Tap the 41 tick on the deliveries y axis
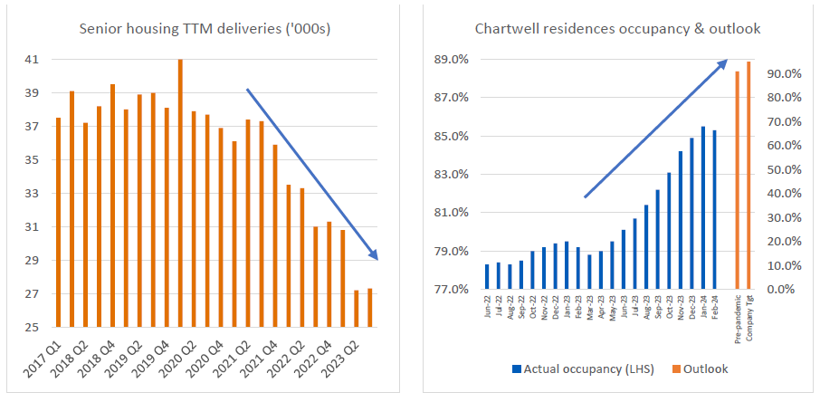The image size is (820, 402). point(32,60)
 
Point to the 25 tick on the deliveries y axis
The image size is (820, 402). point(32,328)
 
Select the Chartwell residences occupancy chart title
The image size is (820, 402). point(617,29)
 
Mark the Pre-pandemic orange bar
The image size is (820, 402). point(737,179)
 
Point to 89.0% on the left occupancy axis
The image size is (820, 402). point(450,60)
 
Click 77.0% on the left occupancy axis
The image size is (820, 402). point(450,290)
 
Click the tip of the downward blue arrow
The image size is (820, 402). point(377,259)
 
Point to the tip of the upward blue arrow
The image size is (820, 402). point(726,62)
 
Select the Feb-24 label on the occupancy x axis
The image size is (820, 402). point(714,306)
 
